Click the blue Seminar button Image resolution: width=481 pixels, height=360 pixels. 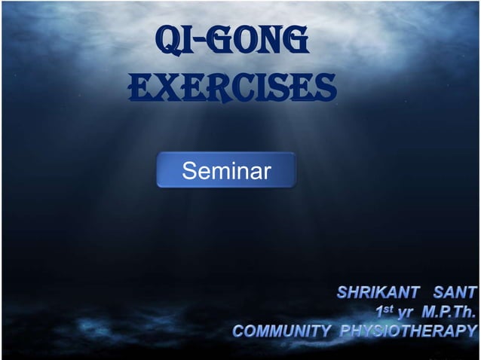point(226,170)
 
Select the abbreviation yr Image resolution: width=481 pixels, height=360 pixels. point(406,311)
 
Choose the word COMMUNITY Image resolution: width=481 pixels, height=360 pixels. point(281,330)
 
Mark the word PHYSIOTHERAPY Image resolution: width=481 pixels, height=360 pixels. point(409,330)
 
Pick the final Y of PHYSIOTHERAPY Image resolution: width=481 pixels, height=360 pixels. point(471,330)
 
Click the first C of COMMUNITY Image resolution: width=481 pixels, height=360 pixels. point(238,330)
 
